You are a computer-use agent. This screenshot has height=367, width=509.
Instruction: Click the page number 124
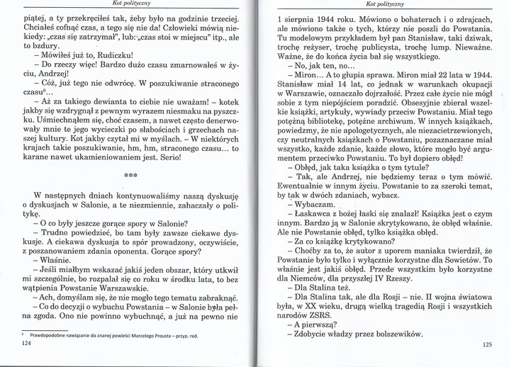pos(28,343)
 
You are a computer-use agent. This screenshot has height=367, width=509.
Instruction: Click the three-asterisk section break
pos(130,173)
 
